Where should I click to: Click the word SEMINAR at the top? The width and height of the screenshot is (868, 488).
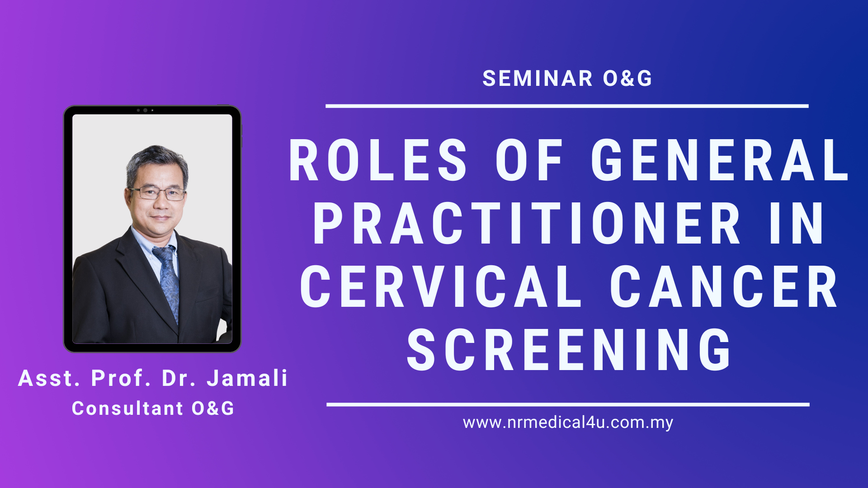(538, 79)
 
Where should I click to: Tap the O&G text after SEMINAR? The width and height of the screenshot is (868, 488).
(627, 79)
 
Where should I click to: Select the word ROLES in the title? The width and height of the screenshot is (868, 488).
(378, 160)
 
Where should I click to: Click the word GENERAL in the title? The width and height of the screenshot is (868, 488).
(720, 160)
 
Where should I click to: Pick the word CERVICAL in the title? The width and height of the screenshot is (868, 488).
(441, 286)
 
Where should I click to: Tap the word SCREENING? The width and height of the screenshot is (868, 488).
(569, 350)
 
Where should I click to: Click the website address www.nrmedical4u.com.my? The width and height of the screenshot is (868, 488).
(568, 423)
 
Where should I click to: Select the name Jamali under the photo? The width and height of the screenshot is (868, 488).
(247, 379)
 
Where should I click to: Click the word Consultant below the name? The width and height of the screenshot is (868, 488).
(127, 408)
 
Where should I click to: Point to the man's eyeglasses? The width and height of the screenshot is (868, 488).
(157, 193)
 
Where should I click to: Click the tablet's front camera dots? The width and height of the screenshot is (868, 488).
(145, 110)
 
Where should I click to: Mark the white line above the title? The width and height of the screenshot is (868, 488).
(567, 106)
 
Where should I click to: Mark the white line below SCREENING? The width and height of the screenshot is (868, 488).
(568, 405)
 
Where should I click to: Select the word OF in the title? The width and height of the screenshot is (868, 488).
(529, 160)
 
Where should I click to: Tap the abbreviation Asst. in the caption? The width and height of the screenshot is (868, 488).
(49, 379)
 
